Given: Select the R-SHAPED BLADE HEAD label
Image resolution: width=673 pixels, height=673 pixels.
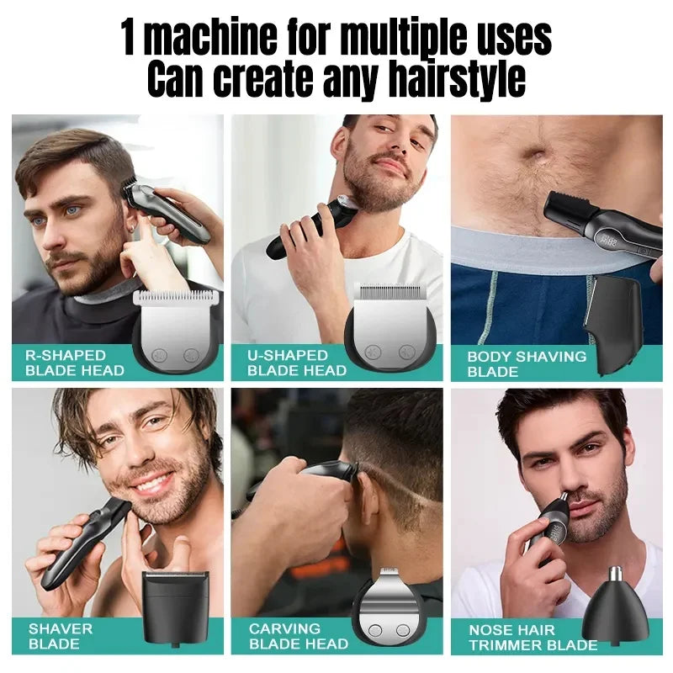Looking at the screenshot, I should tap(75, 363).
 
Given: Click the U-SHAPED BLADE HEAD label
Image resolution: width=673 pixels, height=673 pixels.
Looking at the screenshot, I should tap(296, 363).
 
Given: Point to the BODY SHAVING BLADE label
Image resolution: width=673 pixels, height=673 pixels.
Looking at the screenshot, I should tap(527, 363).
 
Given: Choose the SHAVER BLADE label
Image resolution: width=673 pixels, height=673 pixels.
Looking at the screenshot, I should tap(61, 636).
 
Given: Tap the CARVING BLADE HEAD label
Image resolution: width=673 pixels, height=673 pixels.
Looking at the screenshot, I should tap(297, 636).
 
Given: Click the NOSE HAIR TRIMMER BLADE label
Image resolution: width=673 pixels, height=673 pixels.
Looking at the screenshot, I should tap(533, 637).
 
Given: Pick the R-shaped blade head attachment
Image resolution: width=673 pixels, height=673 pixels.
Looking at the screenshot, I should tap(177, 328).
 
